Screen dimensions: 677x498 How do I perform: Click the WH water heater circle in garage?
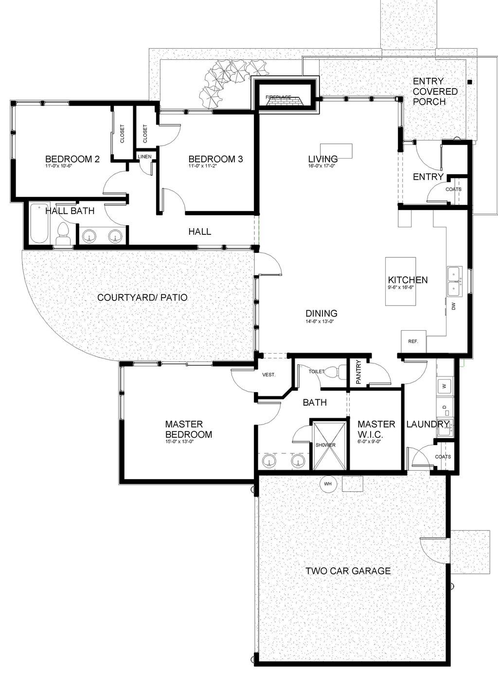328,483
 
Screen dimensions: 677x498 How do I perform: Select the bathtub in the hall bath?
39,224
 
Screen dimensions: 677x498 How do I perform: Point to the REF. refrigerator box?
413,341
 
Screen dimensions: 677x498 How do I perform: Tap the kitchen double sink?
456,281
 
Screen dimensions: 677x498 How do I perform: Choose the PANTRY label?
359,372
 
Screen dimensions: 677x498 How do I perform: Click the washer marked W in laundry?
445,387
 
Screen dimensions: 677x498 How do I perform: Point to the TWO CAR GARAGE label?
348,570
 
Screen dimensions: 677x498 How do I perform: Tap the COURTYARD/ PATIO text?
142,297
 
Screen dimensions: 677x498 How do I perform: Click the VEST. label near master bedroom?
269,374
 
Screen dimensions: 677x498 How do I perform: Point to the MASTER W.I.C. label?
376,429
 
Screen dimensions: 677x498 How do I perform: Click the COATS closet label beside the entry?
453,189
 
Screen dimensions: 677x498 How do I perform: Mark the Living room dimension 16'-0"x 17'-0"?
322,166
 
